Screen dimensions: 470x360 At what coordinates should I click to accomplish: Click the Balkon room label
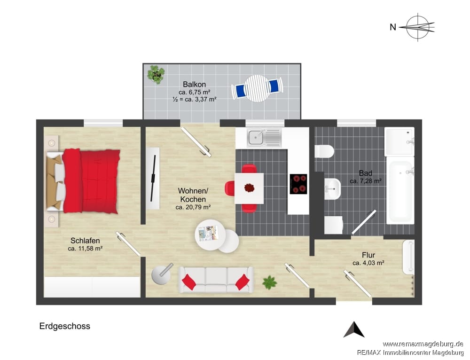[x=194, y=84]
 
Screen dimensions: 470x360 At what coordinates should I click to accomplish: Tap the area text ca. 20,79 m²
[x=193, y=207]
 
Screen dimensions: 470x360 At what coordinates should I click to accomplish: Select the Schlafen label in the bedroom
[x=85, y=241]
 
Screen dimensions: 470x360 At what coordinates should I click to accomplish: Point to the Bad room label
[x=365, y=173]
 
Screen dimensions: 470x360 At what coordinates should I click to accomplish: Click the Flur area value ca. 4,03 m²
[x=368, y=263]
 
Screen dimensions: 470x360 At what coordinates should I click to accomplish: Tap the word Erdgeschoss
[x=65, y=326]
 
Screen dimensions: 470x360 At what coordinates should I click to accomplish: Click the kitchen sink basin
[x=256, y=138]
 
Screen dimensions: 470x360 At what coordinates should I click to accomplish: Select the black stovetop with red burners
[x=298, y=184]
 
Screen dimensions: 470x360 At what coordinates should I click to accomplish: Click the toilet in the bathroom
[x=324, y=151]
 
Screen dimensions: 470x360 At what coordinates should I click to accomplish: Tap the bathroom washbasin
[x=332, y=189]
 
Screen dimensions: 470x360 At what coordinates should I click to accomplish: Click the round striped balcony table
[x=258, y=88]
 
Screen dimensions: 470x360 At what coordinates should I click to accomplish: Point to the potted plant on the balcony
[x=156, y=74]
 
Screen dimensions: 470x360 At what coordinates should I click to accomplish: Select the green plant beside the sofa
[x=269, y=282]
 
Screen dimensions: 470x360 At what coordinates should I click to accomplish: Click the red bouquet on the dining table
[x=250, y=188]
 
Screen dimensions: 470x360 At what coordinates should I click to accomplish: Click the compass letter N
[x=392, y=27]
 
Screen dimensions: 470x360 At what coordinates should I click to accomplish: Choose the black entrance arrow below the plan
[x=354, y=329]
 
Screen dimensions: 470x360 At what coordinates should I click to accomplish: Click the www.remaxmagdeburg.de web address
[x=423, y=344]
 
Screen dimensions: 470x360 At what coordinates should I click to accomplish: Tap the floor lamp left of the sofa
[x=161, y=274]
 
